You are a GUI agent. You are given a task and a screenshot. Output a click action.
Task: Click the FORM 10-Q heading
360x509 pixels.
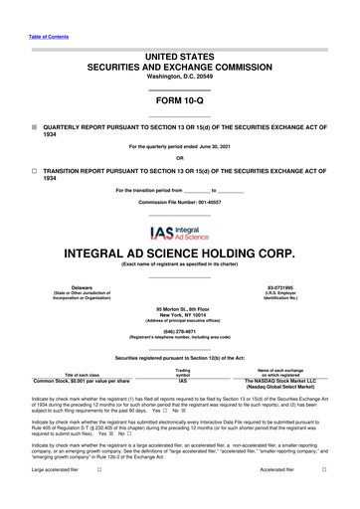click(179, 101)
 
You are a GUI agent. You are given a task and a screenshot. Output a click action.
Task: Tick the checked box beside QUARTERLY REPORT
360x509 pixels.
click(34, 127)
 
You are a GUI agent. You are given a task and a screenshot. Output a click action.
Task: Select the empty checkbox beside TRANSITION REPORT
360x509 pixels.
click(34, 171)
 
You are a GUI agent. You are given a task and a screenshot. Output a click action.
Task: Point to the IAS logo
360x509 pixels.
click(179, 235)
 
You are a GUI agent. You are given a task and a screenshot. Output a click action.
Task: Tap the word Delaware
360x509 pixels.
click(69, 285)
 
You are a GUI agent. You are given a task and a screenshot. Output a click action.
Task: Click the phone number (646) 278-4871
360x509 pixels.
click(179, 335)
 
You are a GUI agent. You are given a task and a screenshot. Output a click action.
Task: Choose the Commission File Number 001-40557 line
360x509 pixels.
click(179, 202)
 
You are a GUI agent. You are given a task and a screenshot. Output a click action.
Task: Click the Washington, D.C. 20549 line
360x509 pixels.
click(179, 77)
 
